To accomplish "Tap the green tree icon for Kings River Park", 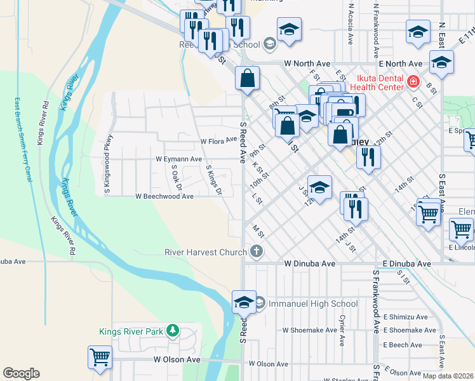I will pyautogui.click(x=171, y=331).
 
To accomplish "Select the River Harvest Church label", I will pyautogui.click(x=205, y=252).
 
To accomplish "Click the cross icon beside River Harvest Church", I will pyautogui.click(x=257, y=252).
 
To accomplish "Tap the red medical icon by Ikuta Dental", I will pyautogui.click(x=413, y=81).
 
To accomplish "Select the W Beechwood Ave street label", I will pyautogui.click(x=164, y=197).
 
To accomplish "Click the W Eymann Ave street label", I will pyautogui.click(x=178, y=159).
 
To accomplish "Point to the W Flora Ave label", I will pyautogui.click(x=218, y=141).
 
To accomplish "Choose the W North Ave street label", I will pyautogui.click(x=307, y=63).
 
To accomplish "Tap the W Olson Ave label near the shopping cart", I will pyautogui.click(x=177, y=359).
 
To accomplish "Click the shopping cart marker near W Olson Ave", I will pyautogui.click(x=100, y=358).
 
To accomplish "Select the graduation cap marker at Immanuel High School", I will pyautogui.click(x=244, y=303).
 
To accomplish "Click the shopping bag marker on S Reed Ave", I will pyautogui.click(x=248, y=79).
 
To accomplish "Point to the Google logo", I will pyautogui.click(x=21, y=373).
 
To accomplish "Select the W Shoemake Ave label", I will pyautogui.click(x=310, y=330).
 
